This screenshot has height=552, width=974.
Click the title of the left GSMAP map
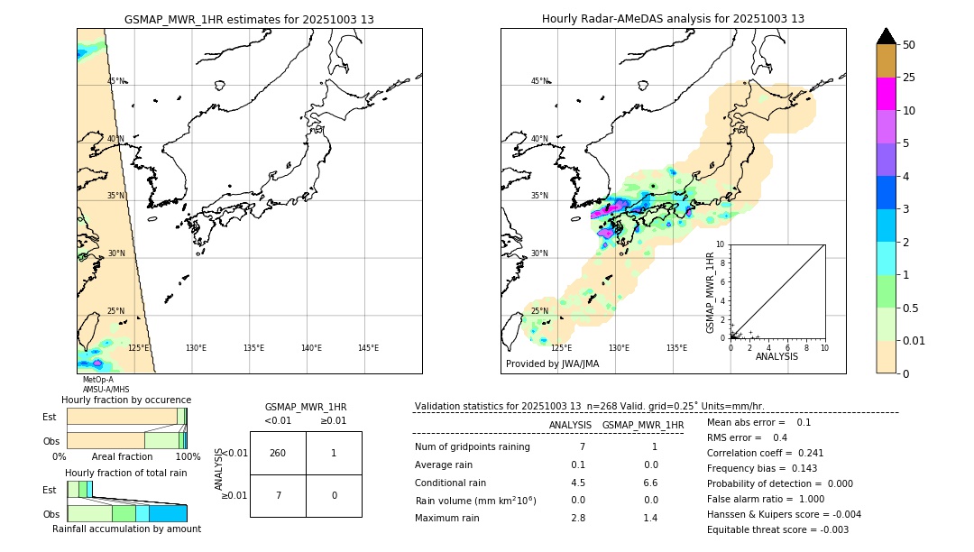[x=249, y=19]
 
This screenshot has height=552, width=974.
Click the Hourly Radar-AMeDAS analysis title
[x=673, y=19]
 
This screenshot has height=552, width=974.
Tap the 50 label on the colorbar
[x=909, y=45]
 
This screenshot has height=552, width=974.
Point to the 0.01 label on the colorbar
[x=914, y=341]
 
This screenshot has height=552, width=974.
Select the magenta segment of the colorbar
[x=887, y=94]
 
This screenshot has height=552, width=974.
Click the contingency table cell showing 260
[x=278, y=453]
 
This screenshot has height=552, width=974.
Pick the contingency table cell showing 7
[x=278, y=495]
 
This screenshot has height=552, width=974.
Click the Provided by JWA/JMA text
[x=552, y=363]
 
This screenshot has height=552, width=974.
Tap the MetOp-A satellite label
[x=98, y=380]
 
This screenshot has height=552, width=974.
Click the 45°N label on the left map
[x=116, y=81]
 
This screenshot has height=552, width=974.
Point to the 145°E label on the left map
[x=368, y=348]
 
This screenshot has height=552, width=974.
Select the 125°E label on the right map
[x=561, y=348]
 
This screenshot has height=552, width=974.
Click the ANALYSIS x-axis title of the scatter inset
[x=776, y=356]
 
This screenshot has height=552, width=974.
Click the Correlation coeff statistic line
[x=765, y=453]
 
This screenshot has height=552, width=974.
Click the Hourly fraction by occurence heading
[x=126, y=400]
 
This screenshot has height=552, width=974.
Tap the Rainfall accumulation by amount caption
[x=126, y=529]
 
